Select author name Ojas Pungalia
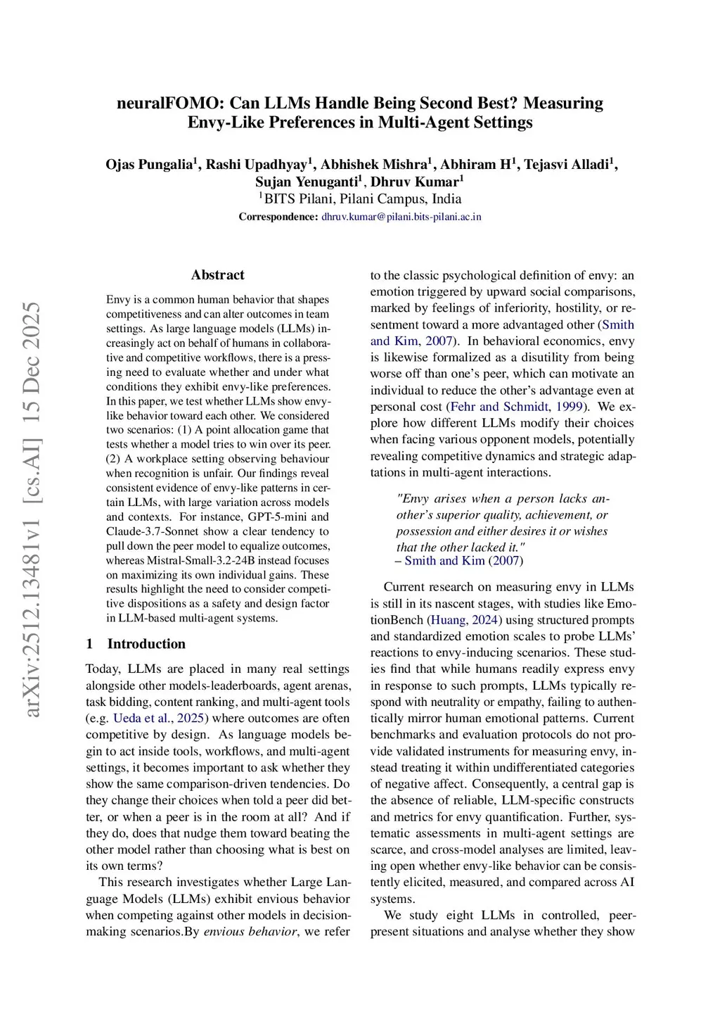149,165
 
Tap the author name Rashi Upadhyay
257,165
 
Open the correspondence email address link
401,217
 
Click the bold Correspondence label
278,217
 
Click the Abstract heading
218,275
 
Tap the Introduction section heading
146,644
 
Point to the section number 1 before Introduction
89,644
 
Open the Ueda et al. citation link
141,719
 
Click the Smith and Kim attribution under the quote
444,561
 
